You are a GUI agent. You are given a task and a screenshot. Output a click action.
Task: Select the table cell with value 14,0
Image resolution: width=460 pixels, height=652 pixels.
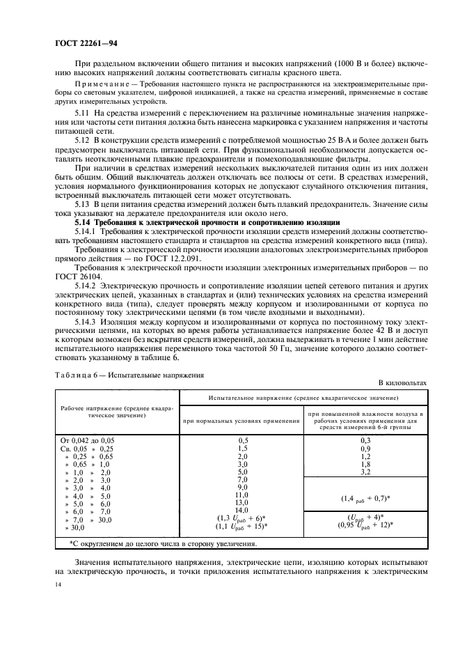tap(243, 510)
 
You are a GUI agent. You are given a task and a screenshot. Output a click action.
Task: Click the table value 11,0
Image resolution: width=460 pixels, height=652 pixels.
tap(243, 495)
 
